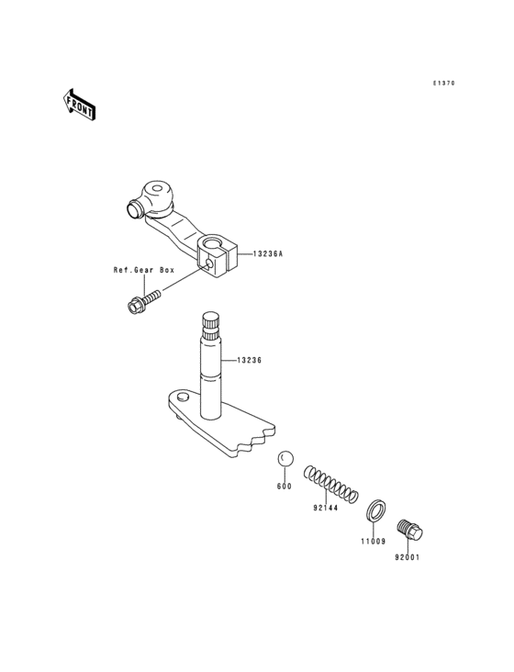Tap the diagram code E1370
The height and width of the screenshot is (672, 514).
444,84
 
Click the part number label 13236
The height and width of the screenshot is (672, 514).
250,361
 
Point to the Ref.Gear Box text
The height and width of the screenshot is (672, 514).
143,271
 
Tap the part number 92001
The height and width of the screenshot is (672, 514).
408,556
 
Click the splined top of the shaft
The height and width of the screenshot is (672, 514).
213,326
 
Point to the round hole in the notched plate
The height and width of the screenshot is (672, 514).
183,397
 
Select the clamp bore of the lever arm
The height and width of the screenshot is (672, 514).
214,245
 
